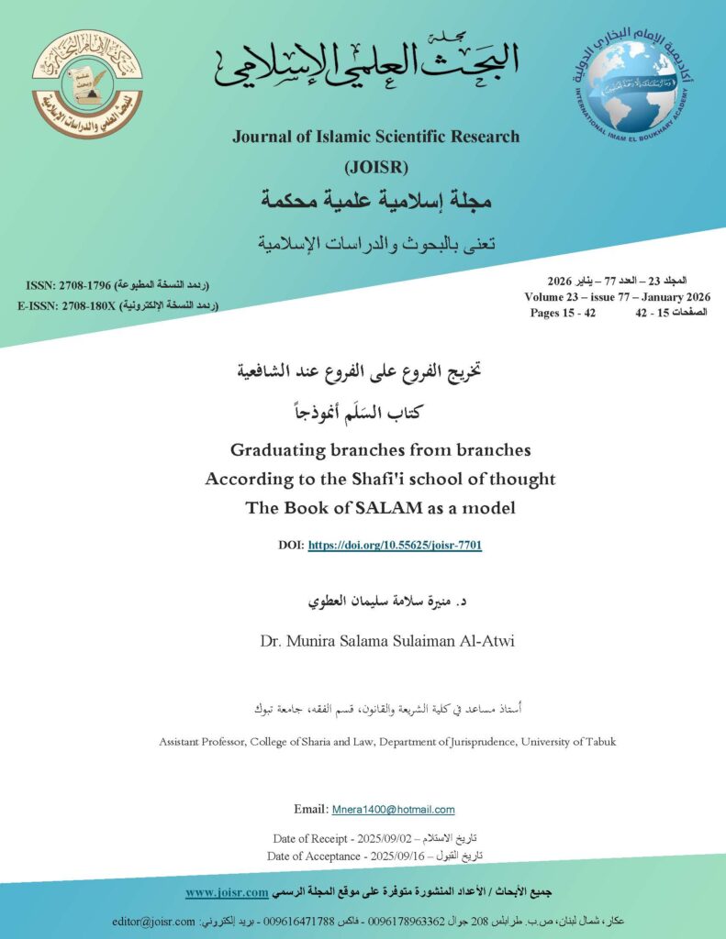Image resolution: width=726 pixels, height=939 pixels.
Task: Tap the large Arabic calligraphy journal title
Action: [366, 62]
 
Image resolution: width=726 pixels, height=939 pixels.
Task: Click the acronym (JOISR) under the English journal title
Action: [375, 167]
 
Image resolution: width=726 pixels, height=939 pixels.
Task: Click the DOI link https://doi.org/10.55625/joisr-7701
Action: [395, 546]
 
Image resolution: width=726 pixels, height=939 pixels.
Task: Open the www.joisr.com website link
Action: [226, 892]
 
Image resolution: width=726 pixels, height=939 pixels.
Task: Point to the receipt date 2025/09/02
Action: [371, 838]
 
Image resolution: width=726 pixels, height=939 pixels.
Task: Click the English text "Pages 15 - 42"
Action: [564, 313]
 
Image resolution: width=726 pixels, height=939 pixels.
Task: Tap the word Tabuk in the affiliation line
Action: [598, 742]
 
